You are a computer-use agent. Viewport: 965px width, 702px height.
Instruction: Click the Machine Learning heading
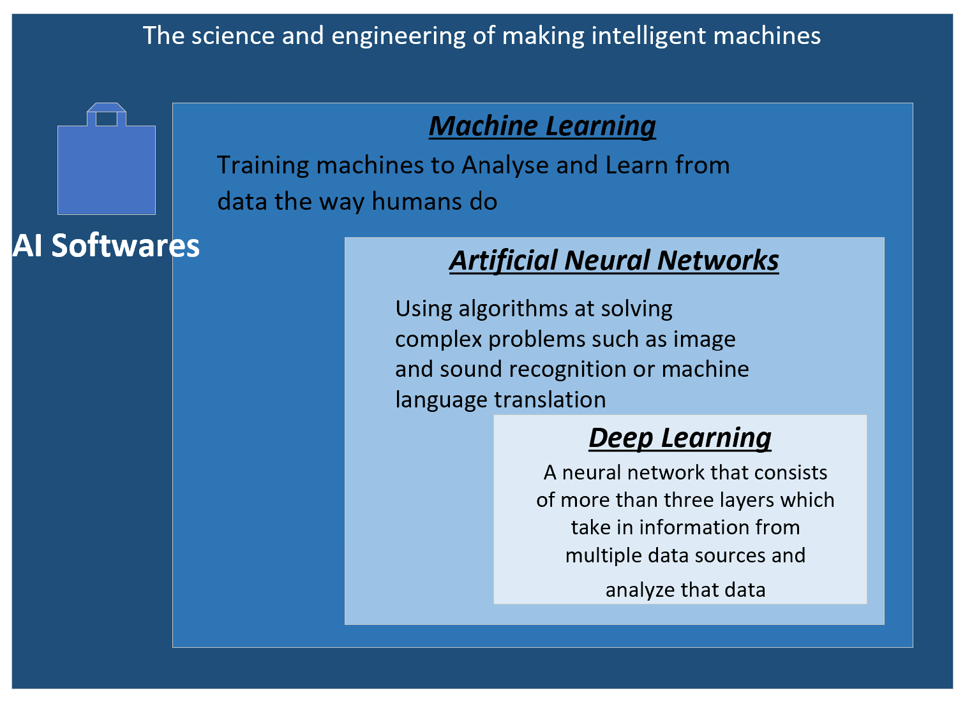[542, 126]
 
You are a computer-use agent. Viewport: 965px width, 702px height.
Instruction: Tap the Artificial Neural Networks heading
[614, 261]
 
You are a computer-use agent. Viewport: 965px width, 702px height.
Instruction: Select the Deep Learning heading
[680, 439]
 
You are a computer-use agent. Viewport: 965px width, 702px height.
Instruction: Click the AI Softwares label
[106, 245]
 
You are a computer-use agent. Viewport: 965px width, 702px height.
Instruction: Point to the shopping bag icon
[107, 159]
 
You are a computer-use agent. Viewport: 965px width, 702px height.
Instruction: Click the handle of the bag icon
[107, 112]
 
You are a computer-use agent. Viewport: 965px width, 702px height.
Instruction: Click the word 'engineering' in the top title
[398, 36]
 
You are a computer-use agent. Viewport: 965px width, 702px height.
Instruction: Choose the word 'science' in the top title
[232, 35]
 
